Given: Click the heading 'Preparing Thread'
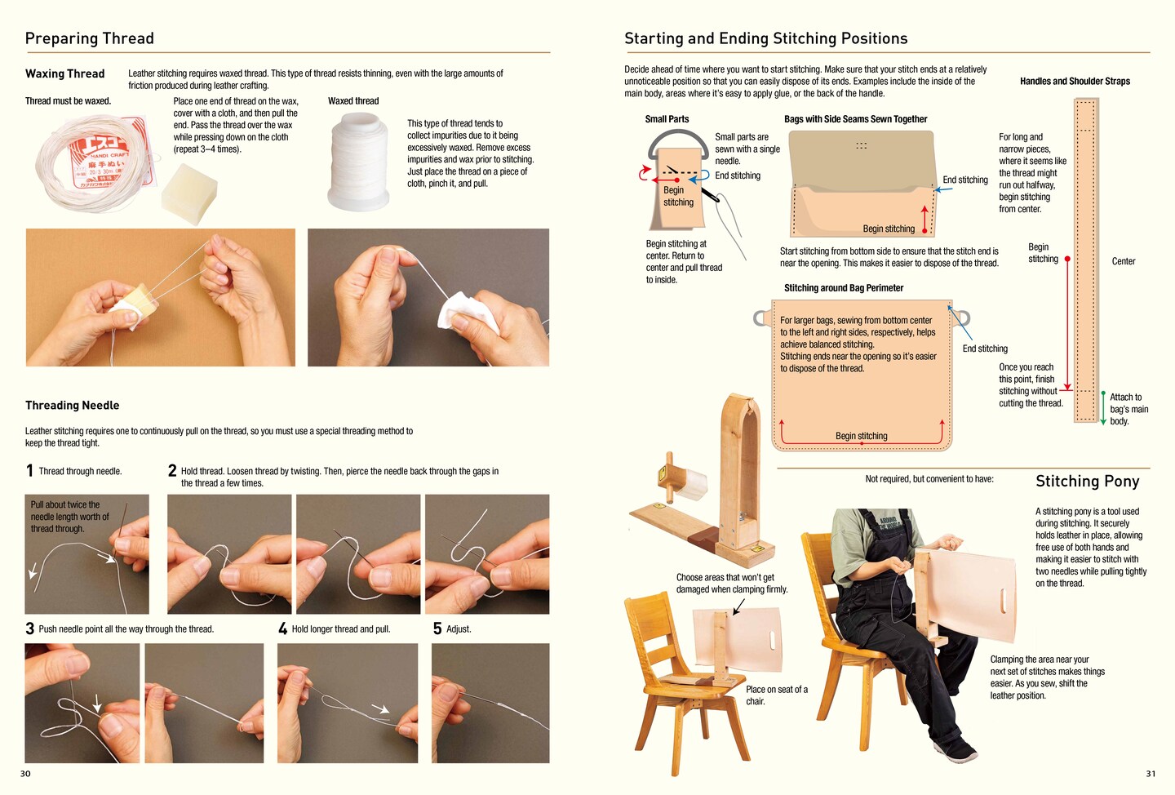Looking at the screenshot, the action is coord(89,38).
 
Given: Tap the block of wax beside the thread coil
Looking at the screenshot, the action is coord(188,193).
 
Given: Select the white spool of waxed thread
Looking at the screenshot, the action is coord(359,162).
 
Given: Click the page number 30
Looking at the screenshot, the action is coord(25,774).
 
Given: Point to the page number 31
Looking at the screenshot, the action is coord(1151,774).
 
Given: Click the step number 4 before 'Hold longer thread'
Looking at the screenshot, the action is coord(282,628).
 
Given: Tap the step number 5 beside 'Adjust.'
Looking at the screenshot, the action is coord(437,628).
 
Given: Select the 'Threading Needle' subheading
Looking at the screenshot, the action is coord(73,405).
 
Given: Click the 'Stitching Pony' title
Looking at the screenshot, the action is coord(1088,482).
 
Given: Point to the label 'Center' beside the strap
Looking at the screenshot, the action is coord(1124,261).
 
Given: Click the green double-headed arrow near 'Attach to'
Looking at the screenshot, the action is coord(1103,408).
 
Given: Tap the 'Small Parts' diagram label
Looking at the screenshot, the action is coord(667,119).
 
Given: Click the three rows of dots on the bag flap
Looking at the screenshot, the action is coord(862,145).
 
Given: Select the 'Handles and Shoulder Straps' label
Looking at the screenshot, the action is coord(1075,82).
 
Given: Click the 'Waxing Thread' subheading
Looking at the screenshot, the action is coord(65,74).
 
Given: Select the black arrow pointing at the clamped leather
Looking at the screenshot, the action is coord(738,607).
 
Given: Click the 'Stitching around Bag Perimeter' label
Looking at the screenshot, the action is coord(844,288).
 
